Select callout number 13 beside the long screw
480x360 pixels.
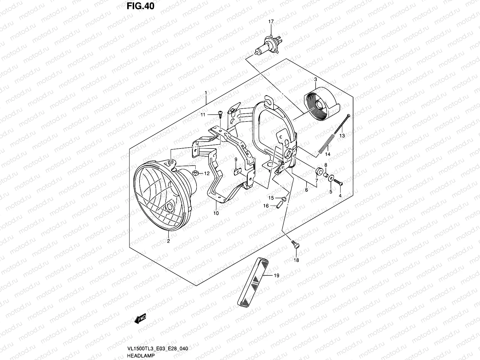pos(342,136)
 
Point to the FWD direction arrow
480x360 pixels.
pos(140,319)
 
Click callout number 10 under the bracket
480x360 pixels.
pos(216,213)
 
